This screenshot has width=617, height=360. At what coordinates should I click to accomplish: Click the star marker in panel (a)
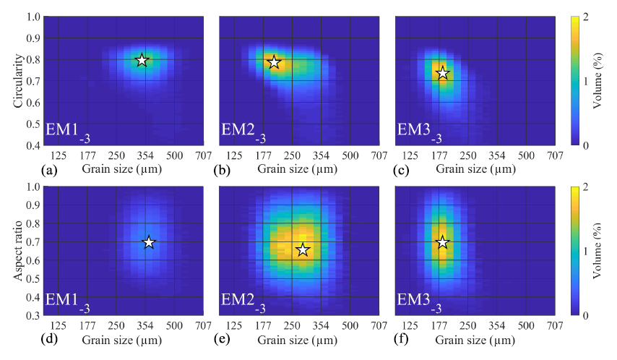pyautogui.click(x=142, y=60)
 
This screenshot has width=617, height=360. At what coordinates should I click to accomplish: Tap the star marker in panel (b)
pyautogui.click(x=274, y=62)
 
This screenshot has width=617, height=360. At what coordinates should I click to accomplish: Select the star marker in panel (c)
pyautogui.click(x=442, y=73)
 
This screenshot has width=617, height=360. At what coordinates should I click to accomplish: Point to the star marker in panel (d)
pyautogui.click(x=149, y=243)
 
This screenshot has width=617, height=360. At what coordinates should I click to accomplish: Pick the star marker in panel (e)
pyautogui.click(x=303, y=250)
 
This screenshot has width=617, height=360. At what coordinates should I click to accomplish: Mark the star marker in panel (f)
pyautogui.click(x=442, y=243)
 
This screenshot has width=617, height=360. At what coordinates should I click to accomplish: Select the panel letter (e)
pyautogui.click(x=225, y=340)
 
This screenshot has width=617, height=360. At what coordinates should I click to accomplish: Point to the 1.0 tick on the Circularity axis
pyautogui.click(x=31, y=16)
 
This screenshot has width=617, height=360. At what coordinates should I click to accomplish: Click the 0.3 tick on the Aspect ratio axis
pyautogui.click(x=31, y=316)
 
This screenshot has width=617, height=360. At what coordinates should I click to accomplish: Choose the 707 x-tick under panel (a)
pyautogui.click(x=203, y=155)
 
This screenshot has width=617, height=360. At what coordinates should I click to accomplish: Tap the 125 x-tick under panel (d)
pyautogui.click(x=59, y=326)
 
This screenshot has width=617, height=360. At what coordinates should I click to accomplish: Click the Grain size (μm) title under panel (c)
pyautogui.click(x=475, y=169)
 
